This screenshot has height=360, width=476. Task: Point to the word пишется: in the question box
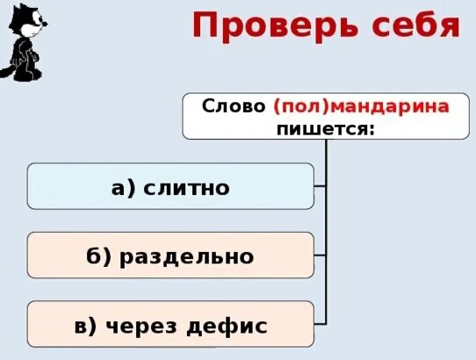point(326,128)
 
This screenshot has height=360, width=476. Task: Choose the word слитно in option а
point(191,187)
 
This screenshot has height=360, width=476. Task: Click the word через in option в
point(141,326)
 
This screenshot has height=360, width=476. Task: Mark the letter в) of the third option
point(86,326)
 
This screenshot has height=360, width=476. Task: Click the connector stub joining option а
point(320,185)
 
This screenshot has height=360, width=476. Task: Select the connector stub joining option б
point(320,255)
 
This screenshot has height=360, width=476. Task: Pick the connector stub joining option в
point(320,323)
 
